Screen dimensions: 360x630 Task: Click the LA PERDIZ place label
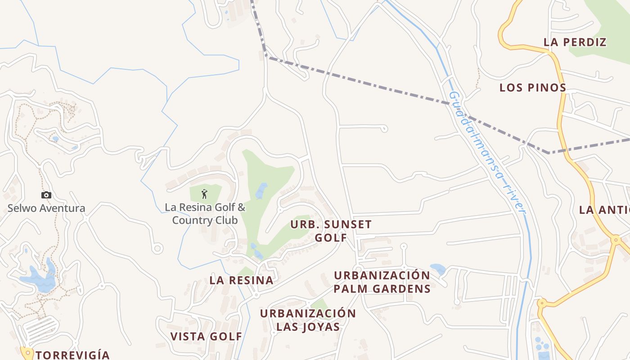575,42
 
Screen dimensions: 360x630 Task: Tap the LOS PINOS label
533,87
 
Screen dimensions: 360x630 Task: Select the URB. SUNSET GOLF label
331,230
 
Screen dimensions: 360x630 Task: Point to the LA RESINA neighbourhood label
241,280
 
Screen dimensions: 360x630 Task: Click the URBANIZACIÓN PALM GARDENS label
382,282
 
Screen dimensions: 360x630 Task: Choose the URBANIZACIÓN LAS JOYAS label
308,320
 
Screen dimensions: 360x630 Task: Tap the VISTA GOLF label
206,336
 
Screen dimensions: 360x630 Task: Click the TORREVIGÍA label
72,355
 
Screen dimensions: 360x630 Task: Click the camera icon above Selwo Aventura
46,195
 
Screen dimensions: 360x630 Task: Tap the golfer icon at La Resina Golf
205,194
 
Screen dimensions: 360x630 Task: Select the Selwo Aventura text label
46,208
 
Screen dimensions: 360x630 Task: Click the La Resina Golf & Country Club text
205,214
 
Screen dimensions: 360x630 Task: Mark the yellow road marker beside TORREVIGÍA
27,351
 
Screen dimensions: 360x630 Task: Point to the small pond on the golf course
261,190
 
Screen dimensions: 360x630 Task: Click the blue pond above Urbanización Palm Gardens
438,269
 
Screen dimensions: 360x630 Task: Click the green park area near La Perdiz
603,31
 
